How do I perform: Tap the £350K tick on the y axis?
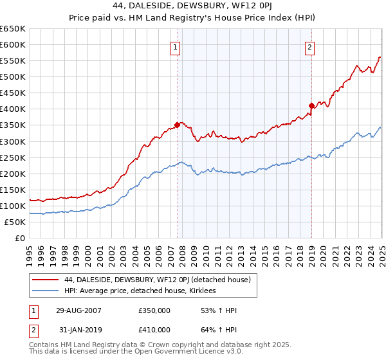[x=13, y=125]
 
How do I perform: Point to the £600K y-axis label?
[x=13, y=45]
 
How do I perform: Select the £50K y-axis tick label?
[x=15, y=222]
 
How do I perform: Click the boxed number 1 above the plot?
[x=175, y=47]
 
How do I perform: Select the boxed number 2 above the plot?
[x=310, y=47]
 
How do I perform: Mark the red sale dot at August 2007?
[x=177, y=125]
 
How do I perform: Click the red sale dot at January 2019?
[x=311, y=105]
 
